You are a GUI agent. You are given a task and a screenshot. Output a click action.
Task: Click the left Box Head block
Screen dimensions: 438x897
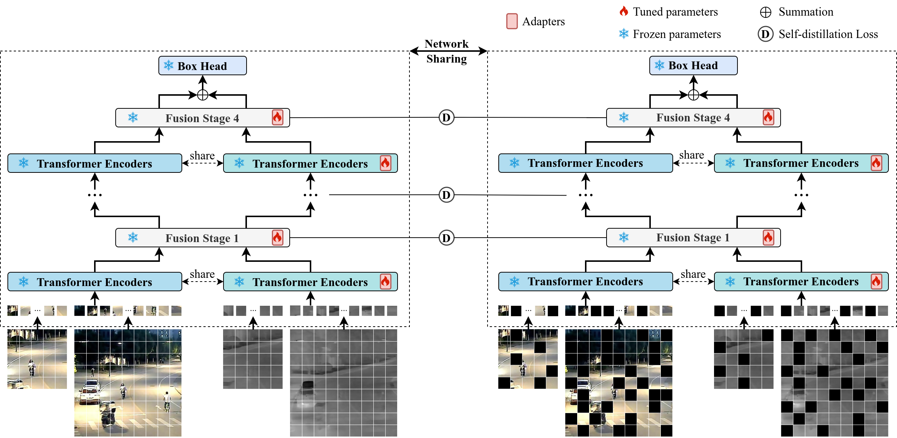click(202, 66)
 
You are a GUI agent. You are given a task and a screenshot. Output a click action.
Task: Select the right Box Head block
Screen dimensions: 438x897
click(693, 66)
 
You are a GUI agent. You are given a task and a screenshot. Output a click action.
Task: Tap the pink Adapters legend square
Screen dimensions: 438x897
click(512, 21)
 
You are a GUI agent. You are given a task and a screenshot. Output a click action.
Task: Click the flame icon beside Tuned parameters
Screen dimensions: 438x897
click(624, 12)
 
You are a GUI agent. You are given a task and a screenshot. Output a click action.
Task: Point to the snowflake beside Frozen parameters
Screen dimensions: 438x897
click(624, 34)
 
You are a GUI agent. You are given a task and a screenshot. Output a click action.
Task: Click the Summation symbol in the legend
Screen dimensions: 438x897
click(765, 12)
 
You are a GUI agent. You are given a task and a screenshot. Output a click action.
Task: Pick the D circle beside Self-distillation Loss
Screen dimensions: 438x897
click(765, 34)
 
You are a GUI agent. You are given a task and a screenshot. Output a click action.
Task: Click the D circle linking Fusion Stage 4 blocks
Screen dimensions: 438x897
click(446, 117)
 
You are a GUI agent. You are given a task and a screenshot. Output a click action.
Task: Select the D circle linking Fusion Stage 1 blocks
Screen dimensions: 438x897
click(446, 238)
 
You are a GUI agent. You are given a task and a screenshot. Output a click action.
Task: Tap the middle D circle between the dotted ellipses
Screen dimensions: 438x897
click(446, 195)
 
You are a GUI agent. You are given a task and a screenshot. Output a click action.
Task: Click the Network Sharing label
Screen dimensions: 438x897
click(447, 51)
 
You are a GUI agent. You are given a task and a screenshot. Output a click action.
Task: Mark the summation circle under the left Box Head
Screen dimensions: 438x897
click(202, 95)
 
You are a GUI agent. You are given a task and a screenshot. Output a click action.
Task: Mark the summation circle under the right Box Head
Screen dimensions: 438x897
click(693, 95)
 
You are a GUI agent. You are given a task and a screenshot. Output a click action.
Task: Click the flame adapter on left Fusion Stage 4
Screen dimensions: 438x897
click(277, 118)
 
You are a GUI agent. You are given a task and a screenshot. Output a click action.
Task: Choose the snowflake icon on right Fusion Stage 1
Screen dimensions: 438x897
click(624, 237)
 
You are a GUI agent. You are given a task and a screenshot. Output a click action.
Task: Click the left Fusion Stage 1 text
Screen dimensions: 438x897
click(202, 238)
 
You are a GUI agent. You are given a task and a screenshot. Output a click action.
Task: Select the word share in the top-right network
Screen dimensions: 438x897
click(691, 155)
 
